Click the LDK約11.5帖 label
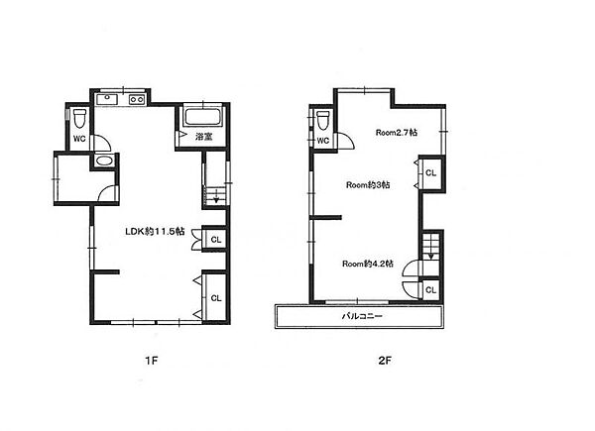tap(156, 231)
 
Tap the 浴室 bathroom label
tap(203, 137)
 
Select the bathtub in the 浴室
tap(202, 117)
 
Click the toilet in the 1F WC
tap(79, 119)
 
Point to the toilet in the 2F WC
tap(323, 121)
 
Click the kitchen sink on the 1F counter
tap(107, 99)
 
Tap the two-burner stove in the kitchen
tap(137, 99)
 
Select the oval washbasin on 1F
tap(103, 161)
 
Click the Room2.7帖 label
tap(397, 133)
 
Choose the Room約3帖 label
tap(368, 185)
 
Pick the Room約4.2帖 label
tap(368, 264)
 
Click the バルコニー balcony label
tap(362, 316)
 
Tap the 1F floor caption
tap(151, 360)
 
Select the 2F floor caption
tap(385, 360)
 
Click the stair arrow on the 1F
tap(216, 197)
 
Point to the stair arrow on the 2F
tap(430, 254)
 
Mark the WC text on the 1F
tap(79, 139)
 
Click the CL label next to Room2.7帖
tap(430, 172)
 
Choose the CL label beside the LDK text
tap(216, 240)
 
